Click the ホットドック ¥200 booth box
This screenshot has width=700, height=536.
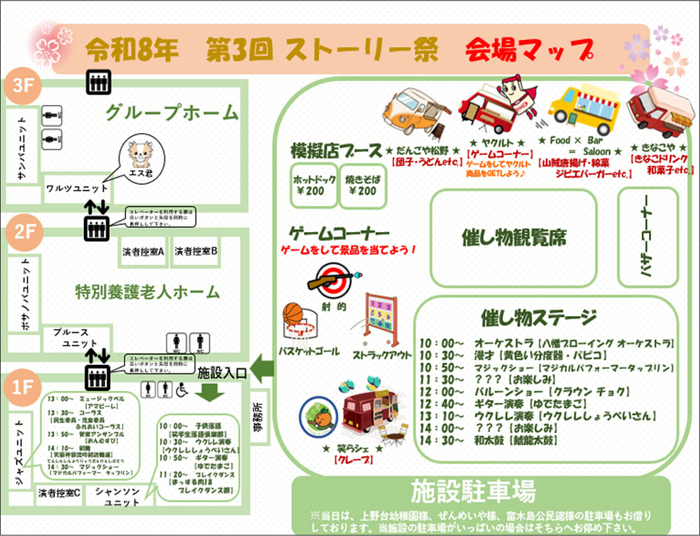pos(313,186)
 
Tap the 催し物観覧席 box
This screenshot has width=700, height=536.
pos(513,237)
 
